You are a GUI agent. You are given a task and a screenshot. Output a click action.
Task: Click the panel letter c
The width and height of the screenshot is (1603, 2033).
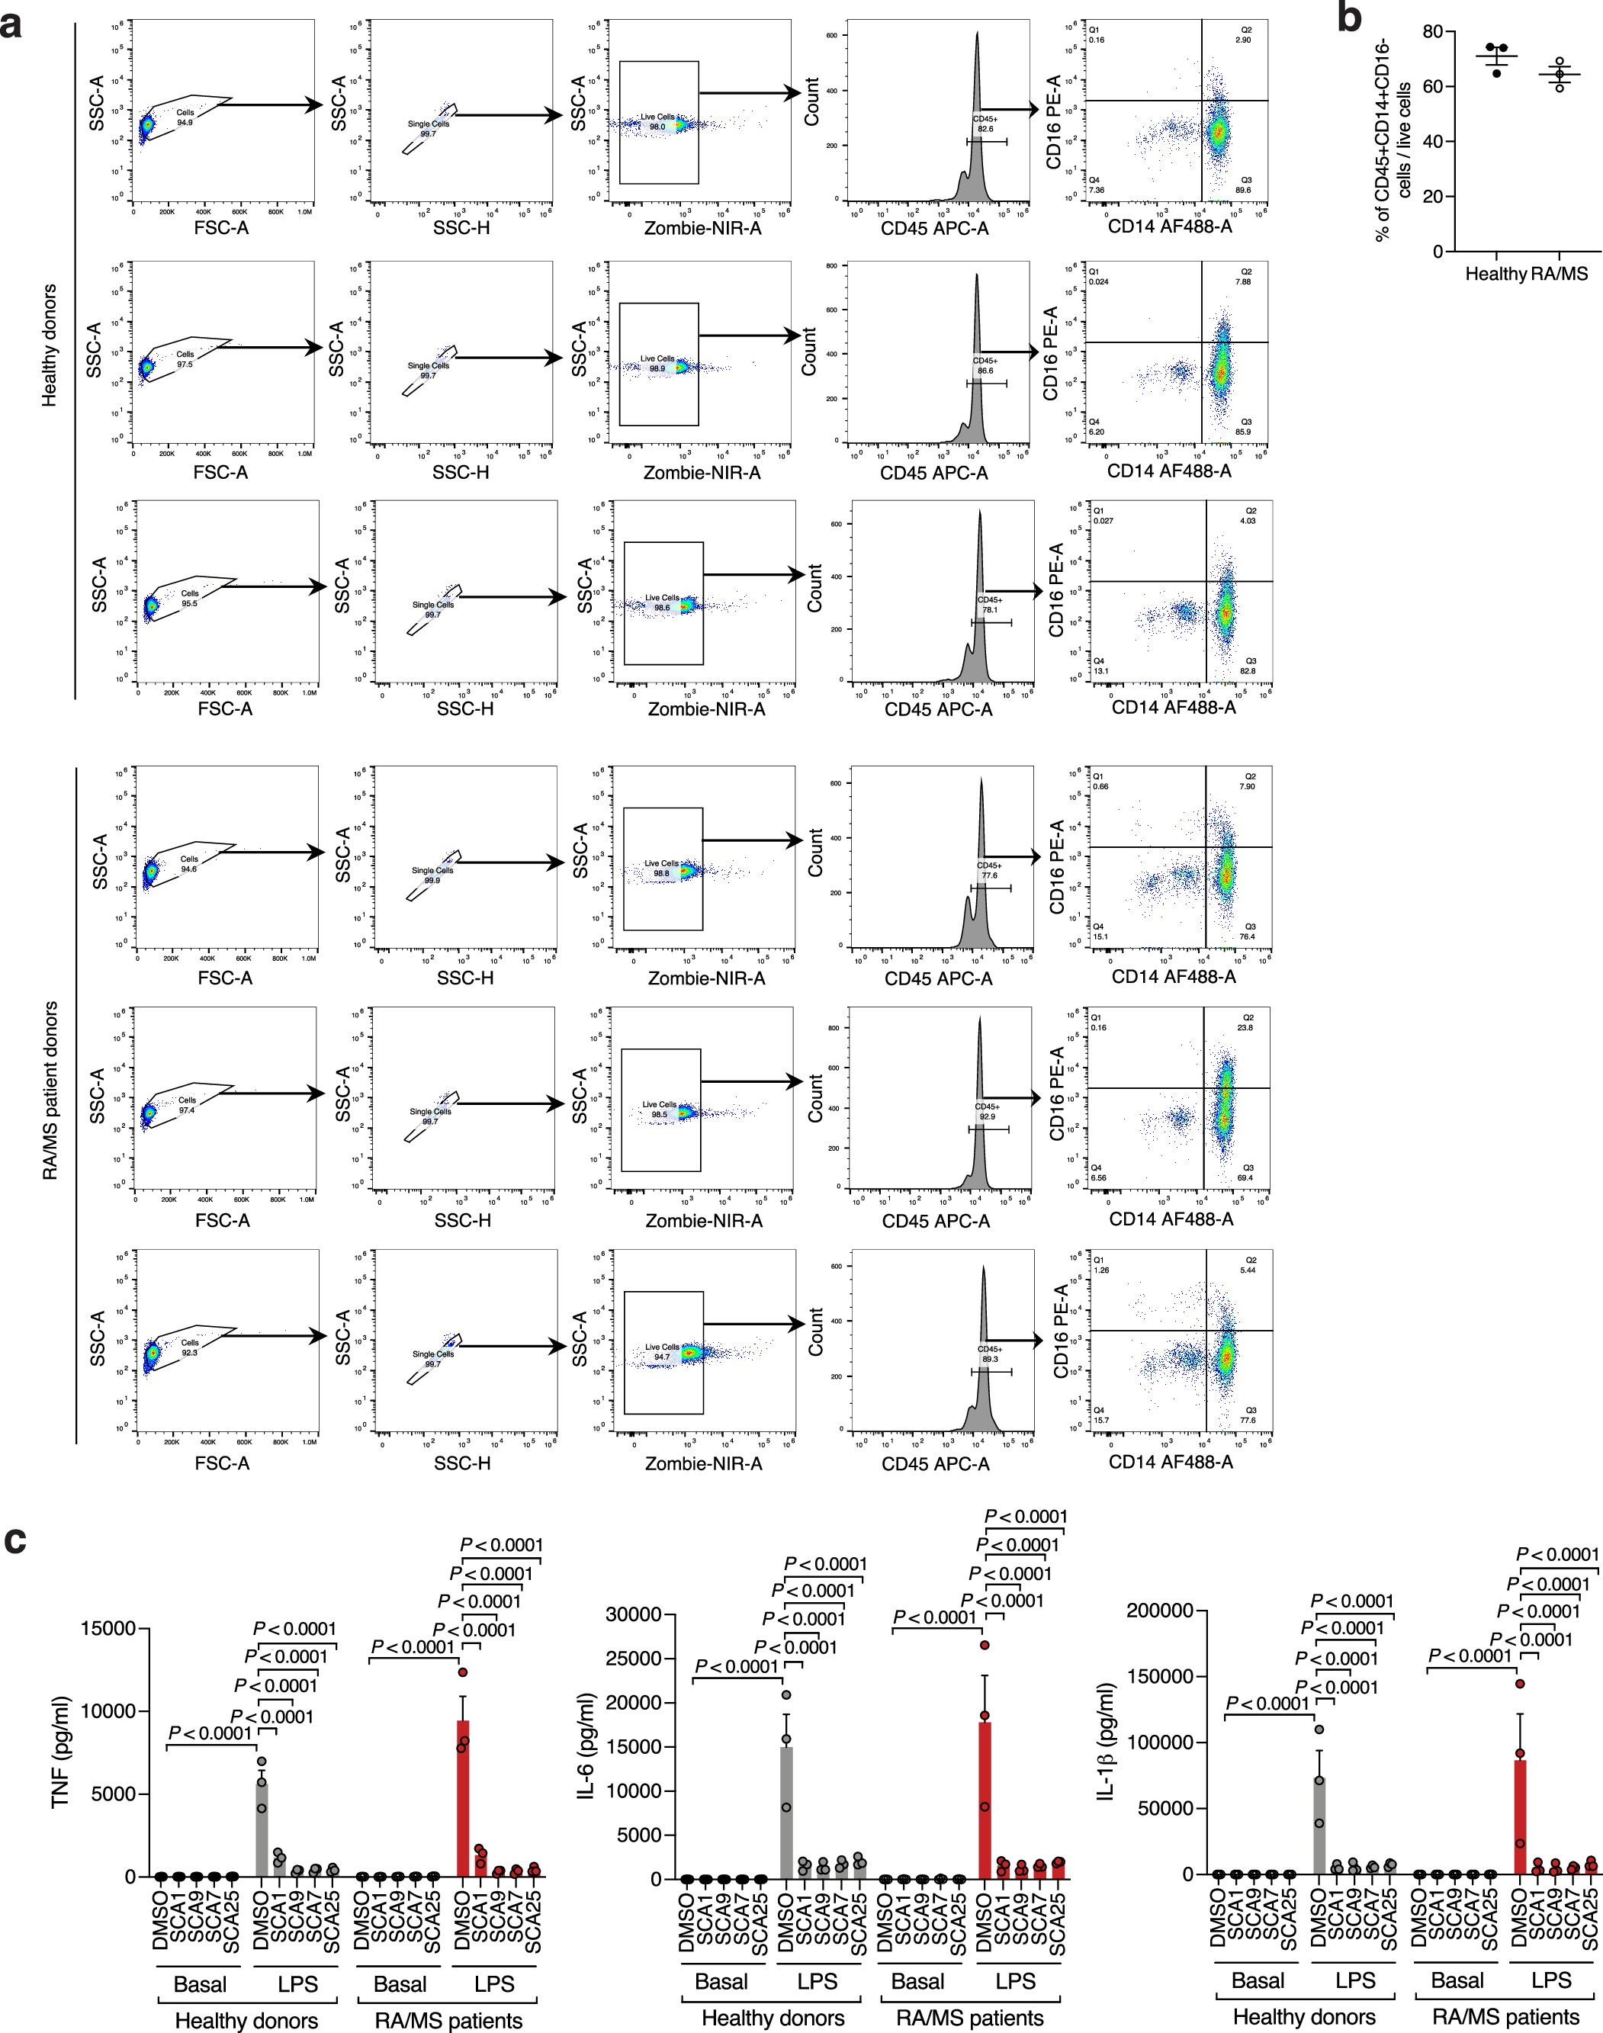tap(15, 1542)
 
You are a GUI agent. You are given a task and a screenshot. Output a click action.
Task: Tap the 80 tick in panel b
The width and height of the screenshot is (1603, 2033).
tap(1431, 32)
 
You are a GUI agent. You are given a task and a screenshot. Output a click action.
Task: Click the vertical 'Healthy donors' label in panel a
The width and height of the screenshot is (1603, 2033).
tap(49, 345)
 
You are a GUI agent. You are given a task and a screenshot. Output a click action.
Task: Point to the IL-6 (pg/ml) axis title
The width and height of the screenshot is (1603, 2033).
tap(585, 1747)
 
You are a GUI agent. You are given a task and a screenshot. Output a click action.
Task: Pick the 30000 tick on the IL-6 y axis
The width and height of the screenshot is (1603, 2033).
tap(634, 1614)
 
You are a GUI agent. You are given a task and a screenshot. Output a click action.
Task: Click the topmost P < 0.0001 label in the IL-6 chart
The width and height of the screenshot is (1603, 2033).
tap(1025, 1516)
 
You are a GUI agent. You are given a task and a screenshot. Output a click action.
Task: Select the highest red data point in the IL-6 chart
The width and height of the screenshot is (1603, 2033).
tap(985, 1644)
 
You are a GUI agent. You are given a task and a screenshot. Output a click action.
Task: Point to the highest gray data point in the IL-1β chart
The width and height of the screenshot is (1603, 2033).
tap(1319, 1729)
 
